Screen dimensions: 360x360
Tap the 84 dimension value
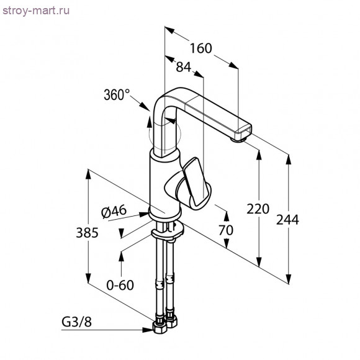tap(184, 66)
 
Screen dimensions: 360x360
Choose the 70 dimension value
tap(226, 230)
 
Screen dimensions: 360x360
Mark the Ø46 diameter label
tap(114, 211)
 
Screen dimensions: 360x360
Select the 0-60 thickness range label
tap(120, 285)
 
